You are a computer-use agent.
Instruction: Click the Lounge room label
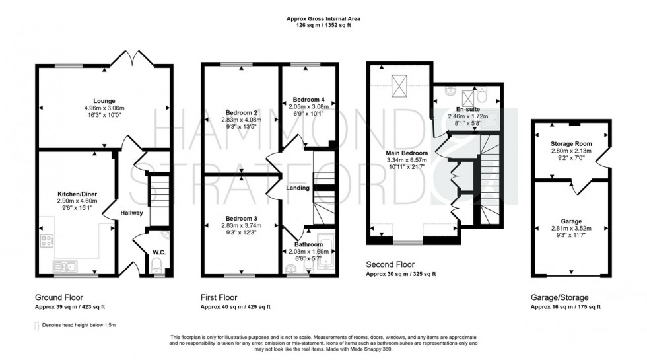103,101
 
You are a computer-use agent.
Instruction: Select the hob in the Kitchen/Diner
48,240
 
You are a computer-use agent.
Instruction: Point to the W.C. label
158,252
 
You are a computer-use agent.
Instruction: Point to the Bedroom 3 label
241,217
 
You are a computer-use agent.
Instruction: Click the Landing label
298,188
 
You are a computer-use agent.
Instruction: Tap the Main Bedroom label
407,153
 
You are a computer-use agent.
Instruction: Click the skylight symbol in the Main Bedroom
398,85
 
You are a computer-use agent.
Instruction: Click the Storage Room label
571,143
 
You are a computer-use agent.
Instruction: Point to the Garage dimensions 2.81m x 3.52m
571,229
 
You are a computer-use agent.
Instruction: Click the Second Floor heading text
391,264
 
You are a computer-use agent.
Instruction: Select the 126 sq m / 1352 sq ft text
323,24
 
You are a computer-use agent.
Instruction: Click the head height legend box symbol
36,325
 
